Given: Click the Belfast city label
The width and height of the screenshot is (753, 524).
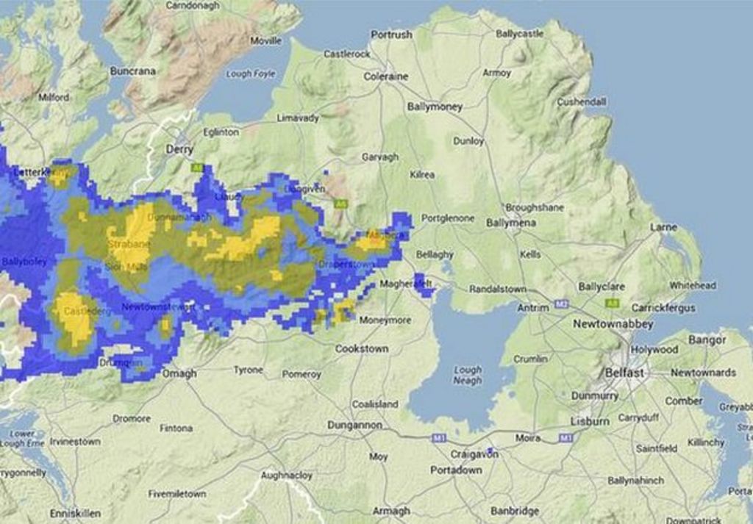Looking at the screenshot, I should [x=624, y=373].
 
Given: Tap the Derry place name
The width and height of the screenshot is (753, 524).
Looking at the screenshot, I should [x=179, y=149].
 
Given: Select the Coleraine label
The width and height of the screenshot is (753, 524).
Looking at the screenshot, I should [x=385, y=76].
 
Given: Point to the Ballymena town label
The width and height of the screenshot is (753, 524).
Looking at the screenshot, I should [x=511, y=222].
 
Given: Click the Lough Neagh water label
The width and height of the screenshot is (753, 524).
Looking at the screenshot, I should [x=468, y=375].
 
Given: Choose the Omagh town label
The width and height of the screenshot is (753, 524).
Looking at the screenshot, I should [x=179, y=373].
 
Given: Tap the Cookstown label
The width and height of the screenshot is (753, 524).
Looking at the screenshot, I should [x=362, y=348].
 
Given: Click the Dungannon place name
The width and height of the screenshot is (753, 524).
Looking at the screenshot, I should [x=354, y=425].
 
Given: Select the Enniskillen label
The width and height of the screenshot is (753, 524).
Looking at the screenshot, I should [x=75, y=513].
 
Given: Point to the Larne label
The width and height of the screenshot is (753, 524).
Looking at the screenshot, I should [x=663, y=227].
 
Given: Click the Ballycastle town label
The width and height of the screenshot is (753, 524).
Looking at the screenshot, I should [x=519, y=34].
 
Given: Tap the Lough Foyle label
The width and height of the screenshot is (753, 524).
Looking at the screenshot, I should [x=250, y=73].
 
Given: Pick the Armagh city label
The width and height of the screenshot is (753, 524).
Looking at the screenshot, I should [x=391, y=511].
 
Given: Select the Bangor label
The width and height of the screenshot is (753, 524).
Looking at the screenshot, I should [x=707, y=340].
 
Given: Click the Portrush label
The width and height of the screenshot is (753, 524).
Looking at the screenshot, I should [x=391, y=35].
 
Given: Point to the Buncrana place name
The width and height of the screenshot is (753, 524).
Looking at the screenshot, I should [x=133, y=71].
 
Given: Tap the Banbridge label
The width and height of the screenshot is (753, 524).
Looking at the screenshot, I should [x=515, y=511].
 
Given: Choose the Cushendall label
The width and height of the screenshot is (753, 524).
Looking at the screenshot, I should [x=581, y=101].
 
